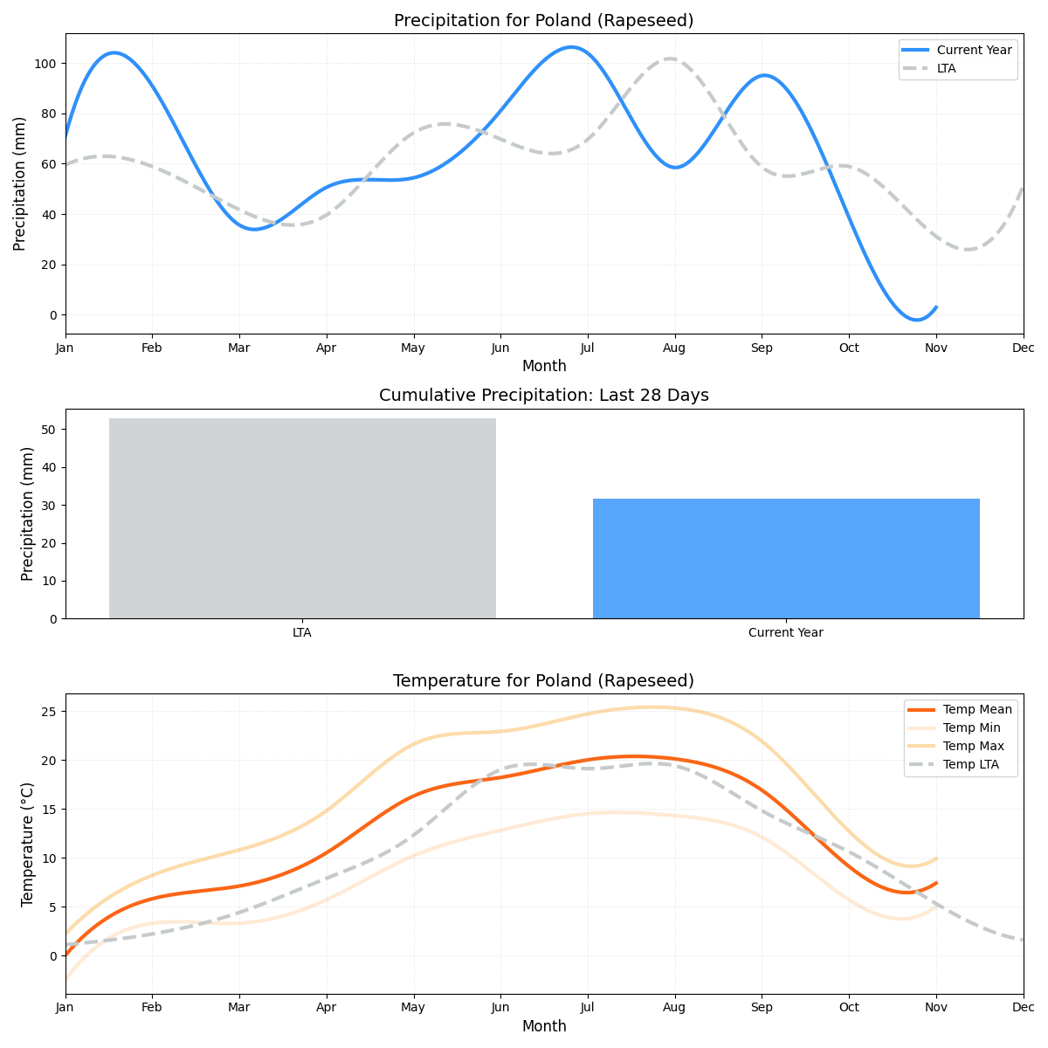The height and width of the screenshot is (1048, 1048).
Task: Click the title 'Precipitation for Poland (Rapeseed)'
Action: [543, 20]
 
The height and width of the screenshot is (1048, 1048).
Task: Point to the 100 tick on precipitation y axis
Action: [45, 64]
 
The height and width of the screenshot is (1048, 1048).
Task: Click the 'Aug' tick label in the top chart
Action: [674, 348]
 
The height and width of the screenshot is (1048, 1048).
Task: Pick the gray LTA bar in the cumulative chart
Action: [302, 518]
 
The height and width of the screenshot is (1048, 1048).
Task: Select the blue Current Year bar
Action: [786, 558]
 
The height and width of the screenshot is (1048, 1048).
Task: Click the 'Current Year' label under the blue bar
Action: [786, 632]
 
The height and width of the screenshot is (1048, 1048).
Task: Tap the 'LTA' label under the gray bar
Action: [302, 632]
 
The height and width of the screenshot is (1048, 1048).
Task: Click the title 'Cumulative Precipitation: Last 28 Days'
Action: [543, 396]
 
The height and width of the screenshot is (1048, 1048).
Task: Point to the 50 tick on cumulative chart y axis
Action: [49, 430]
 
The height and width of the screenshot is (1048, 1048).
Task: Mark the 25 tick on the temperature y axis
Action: [49, 711]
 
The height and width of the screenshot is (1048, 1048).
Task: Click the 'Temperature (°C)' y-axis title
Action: [27, 844]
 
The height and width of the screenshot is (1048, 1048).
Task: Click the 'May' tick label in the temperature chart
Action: [413, 1008]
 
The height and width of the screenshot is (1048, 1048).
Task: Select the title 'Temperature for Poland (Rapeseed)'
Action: [543, 680]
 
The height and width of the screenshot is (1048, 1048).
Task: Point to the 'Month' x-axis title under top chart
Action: [543, 366]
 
